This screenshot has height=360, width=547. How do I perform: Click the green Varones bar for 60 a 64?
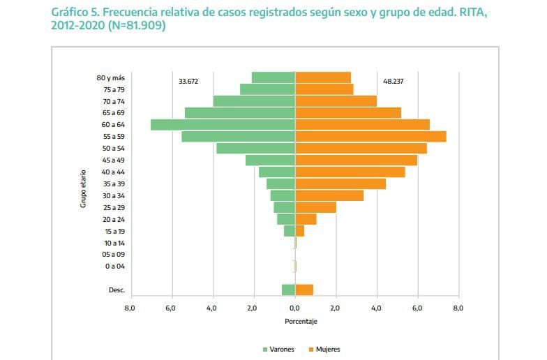coord(223,125)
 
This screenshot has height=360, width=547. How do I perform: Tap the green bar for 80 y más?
coord(273,77)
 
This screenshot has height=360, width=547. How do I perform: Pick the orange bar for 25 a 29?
coord(315,207)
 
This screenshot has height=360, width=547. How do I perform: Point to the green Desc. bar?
coord(288,290)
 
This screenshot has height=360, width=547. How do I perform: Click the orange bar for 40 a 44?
coord(350,172)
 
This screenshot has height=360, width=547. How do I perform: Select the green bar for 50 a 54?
coord(255,149)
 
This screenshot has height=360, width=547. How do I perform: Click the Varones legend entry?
coord(277,349)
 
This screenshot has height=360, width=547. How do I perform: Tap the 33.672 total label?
coord(188,81)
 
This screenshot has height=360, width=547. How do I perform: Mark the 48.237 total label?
coord(393,81)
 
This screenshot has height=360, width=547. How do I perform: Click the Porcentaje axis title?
coord(301,322)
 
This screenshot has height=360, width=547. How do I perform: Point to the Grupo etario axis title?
coord(83,188)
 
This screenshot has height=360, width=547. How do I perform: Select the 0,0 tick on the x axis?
coord(294,307)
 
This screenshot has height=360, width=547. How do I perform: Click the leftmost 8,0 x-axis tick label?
coord(130,307)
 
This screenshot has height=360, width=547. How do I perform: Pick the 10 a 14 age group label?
coord(114,242)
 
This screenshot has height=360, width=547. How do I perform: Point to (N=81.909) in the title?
coord(136,27)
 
